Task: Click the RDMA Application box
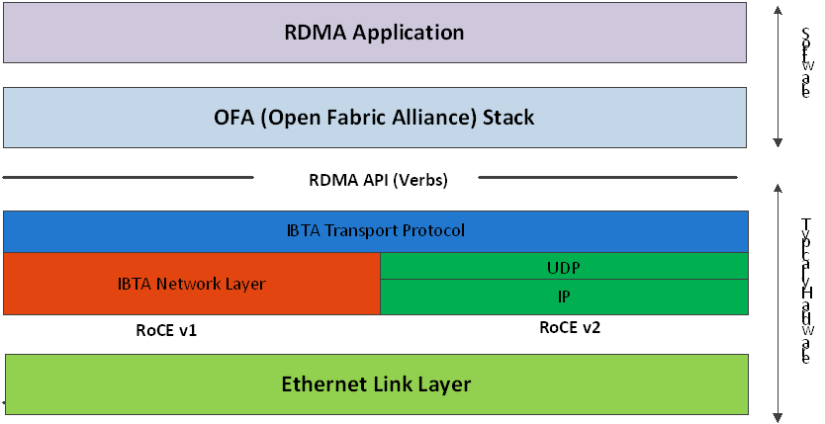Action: click(x=375, y=33)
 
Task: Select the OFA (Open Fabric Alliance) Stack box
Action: click(x=375, y=118)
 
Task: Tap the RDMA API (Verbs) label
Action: click(x=365, y=180)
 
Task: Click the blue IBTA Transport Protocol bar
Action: click(x=375, y=231)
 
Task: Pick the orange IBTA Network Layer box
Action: click(x=192, y=284)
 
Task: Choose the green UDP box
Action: click(x=564, y=266)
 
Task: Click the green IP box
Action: click(x=564, y=297)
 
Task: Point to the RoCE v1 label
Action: click(x=166, y=330)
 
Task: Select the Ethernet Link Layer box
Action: click(x=376, y=384)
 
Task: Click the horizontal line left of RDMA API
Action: click(x=129, y=179)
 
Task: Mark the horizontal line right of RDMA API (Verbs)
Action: click(x=607, y=179)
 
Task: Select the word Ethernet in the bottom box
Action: click(x=323, y=384)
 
